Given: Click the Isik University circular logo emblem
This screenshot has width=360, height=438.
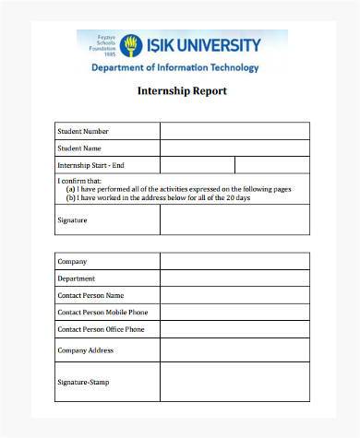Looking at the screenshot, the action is pos(131,45).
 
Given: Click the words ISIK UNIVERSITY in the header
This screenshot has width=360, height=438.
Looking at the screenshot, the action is pos(202,44).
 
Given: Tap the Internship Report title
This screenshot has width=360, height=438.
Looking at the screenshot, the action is pos(182,91).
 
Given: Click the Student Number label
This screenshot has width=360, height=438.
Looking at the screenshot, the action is pos(83,131).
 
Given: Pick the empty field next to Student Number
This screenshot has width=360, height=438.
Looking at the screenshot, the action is pos(234,131).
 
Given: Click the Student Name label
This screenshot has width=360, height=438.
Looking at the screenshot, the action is pos(79,148).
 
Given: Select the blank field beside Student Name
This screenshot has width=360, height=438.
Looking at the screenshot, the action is pos(234,148).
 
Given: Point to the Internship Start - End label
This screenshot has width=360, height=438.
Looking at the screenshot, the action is pos(91,165).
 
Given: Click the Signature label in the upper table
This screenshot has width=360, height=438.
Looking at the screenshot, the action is pos(72,220).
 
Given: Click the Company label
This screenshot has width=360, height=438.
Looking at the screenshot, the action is pos(72,262).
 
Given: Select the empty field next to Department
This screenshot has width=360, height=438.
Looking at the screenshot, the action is pos(234,278).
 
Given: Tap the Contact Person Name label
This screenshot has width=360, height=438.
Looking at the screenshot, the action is pos(90,295).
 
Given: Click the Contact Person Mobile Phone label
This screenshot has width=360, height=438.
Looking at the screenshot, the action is pos(102,312).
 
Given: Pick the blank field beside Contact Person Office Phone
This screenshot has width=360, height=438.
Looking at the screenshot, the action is pos(234,329).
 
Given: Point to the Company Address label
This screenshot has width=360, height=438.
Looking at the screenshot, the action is pos(86,350).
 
